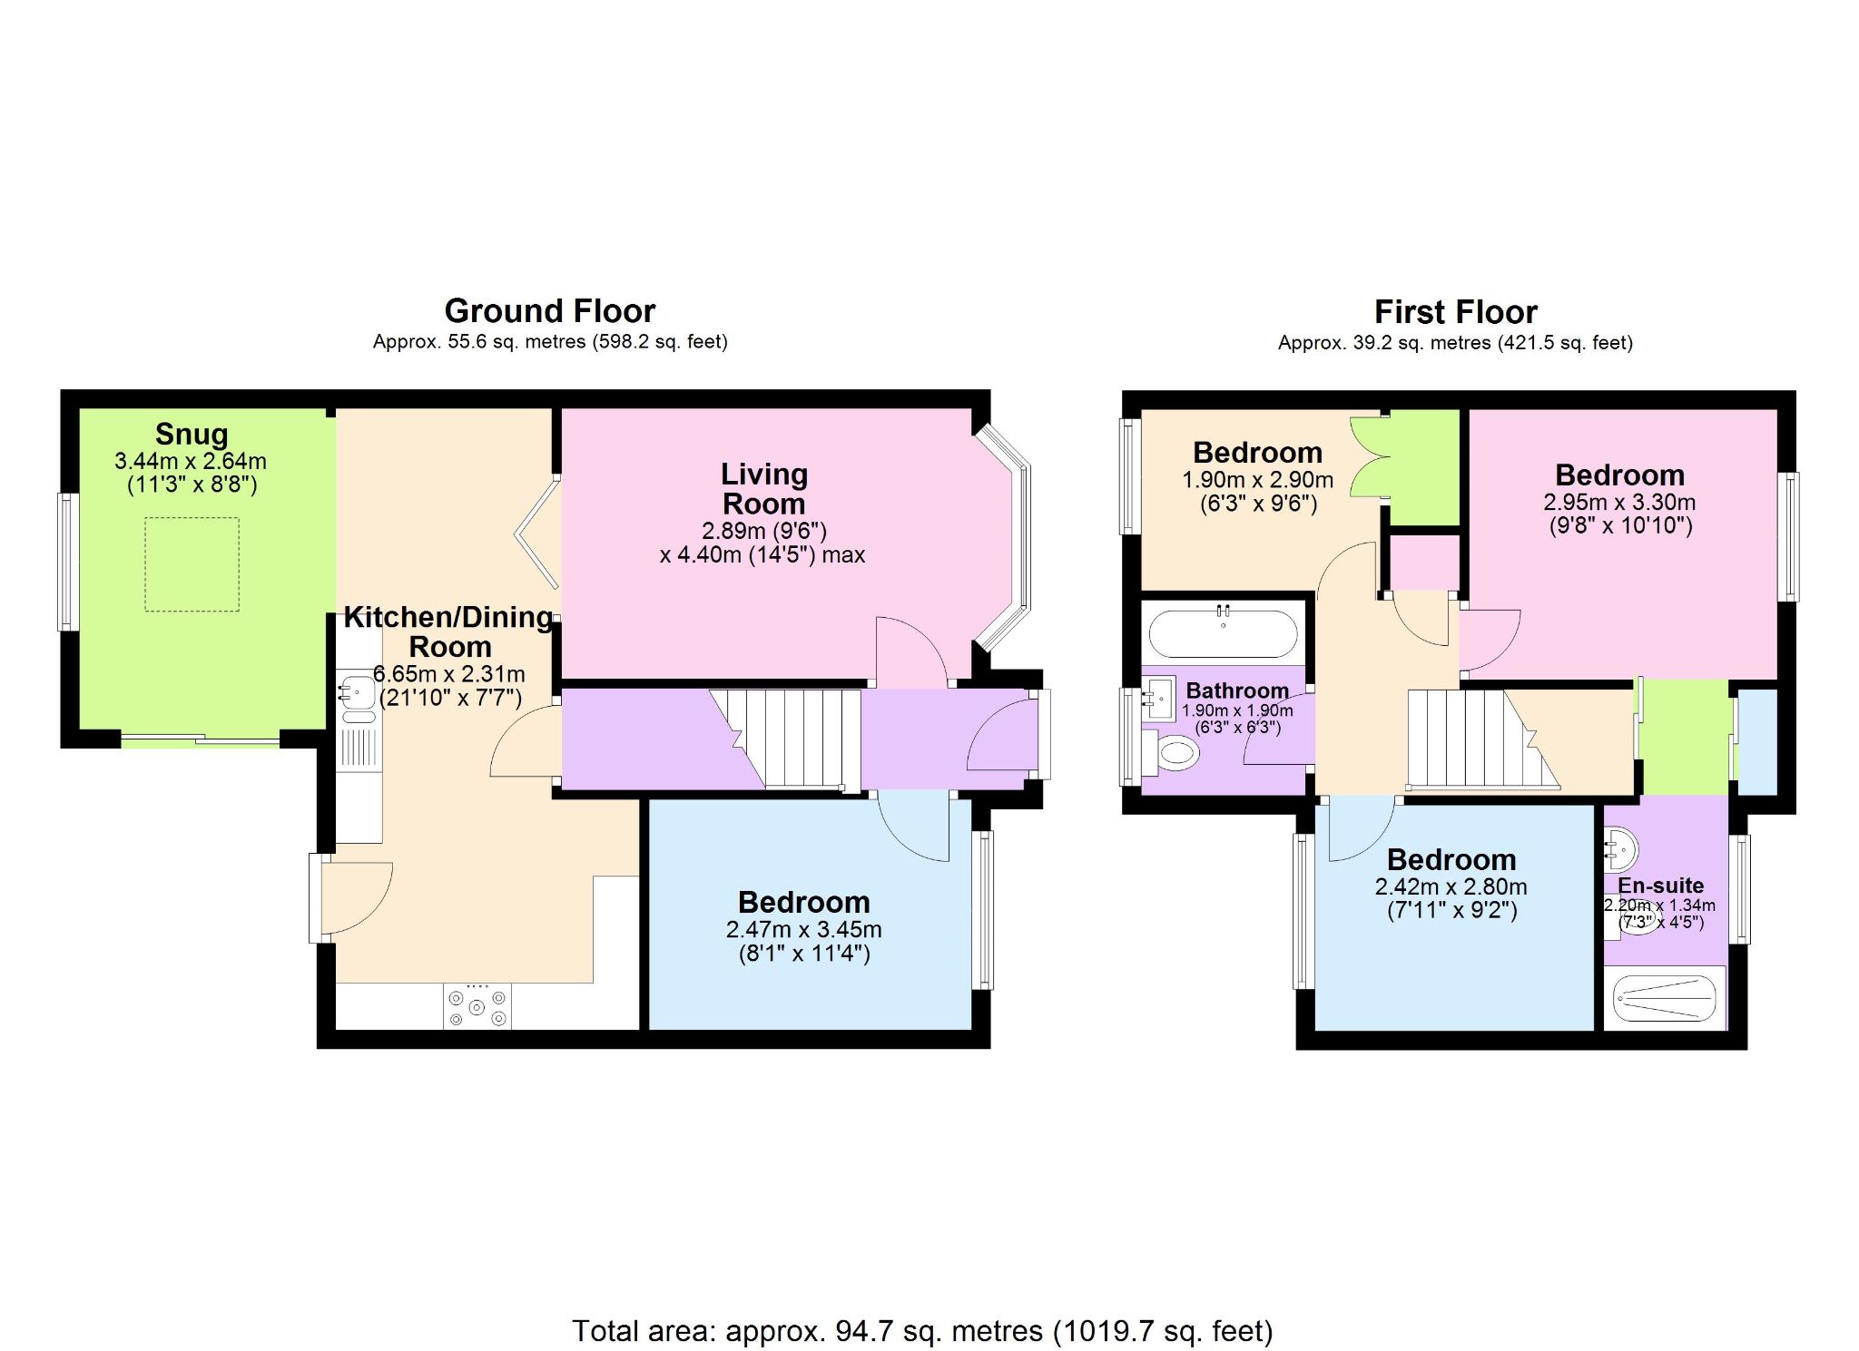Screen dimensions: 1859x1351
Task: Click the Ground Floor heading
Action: point(550,311)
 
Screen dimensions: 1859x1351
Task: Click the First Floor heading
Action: point(1456,312)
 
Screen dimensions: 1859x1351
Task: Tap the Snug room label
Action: point(192,434)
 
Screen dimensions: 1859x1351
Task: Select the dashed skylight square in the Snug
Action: point(192,564)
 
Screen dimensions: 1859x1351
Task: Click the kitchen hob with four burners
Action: point(477,1006)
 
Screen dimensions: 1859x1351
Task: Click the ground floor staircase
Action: point(785,739)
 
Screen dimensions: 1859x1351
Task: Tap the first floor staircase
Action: point(1483,739)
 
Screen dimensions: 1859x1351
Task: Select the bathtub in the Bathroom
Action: point(1224,633)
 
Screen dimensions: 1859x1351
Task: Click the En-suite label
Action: point(1661,886)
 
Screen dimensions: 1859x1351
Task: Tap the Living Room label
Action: point(764,488)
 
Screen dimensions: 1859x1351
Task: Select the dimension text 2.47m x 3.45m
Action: point(804,930)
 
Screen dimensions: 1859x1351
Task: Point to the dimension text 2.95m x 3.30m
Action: point(1620,503)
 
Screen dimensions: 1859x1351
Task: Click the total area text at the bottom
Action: point(922,1331)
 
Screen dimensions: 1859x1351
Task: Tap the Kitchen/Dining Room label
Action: point(449,631)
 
